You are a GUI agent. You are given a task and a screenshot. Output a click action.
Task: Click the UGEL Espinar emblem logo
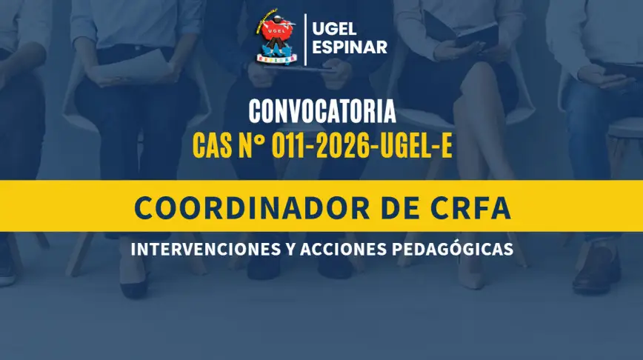(x=276, y=36)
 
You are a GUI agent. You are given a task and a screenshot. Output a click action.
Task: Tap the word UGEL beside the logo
(x=334, y=29)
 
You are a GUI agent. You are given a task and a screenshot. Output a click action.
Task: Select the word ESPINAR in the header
(x=350, y=47)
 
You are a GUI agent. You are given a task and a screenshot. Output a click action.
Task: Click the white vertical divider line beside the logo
(x=305, y=39)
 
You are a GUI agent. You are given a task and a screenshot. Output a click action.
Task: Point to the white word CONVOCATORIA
(x=322, y=112)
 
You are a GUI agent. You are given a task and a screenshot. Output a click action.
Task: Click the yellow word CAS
(x=212, y=146)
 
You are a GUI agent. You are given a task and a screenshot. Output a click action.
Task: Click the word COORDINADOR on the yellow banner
(x=252, y=208)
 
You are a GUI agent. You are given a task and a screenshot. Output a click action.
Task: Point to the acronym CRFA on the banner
(x=471, y=208)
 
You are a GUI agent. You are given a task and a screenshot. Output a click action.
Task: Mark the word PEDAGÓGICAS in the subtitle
(x=453, y=248)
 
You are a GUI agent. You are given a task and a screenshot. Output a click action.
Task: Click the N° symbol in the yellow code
(x=252, y=146)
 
